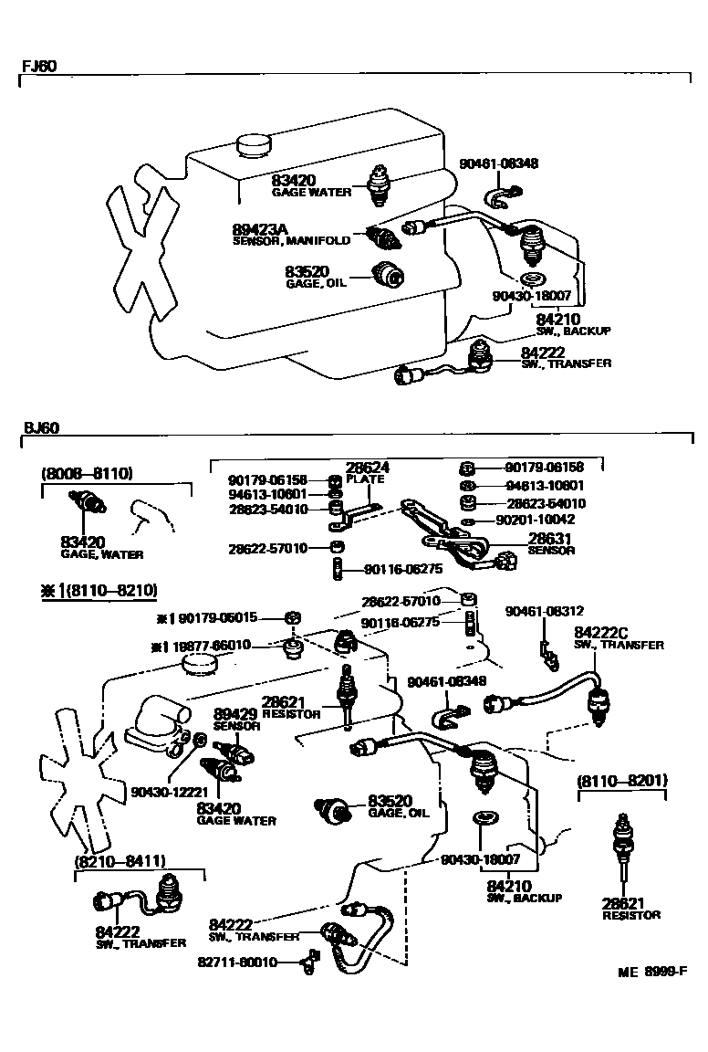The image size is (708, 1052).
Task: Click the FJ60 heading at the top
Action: point(36,68)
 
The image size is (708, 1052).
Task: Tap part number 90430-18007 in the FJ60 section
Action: point(531,296)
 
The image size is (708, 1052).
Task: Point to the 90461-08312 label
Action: point(547,611)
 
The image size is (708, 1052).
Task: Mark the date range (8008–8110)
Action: point(88,473)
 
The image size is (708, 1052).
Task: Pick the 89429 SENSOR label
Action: point(237,713)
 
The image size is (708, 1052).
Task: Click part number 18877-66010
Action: point(226,645)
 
